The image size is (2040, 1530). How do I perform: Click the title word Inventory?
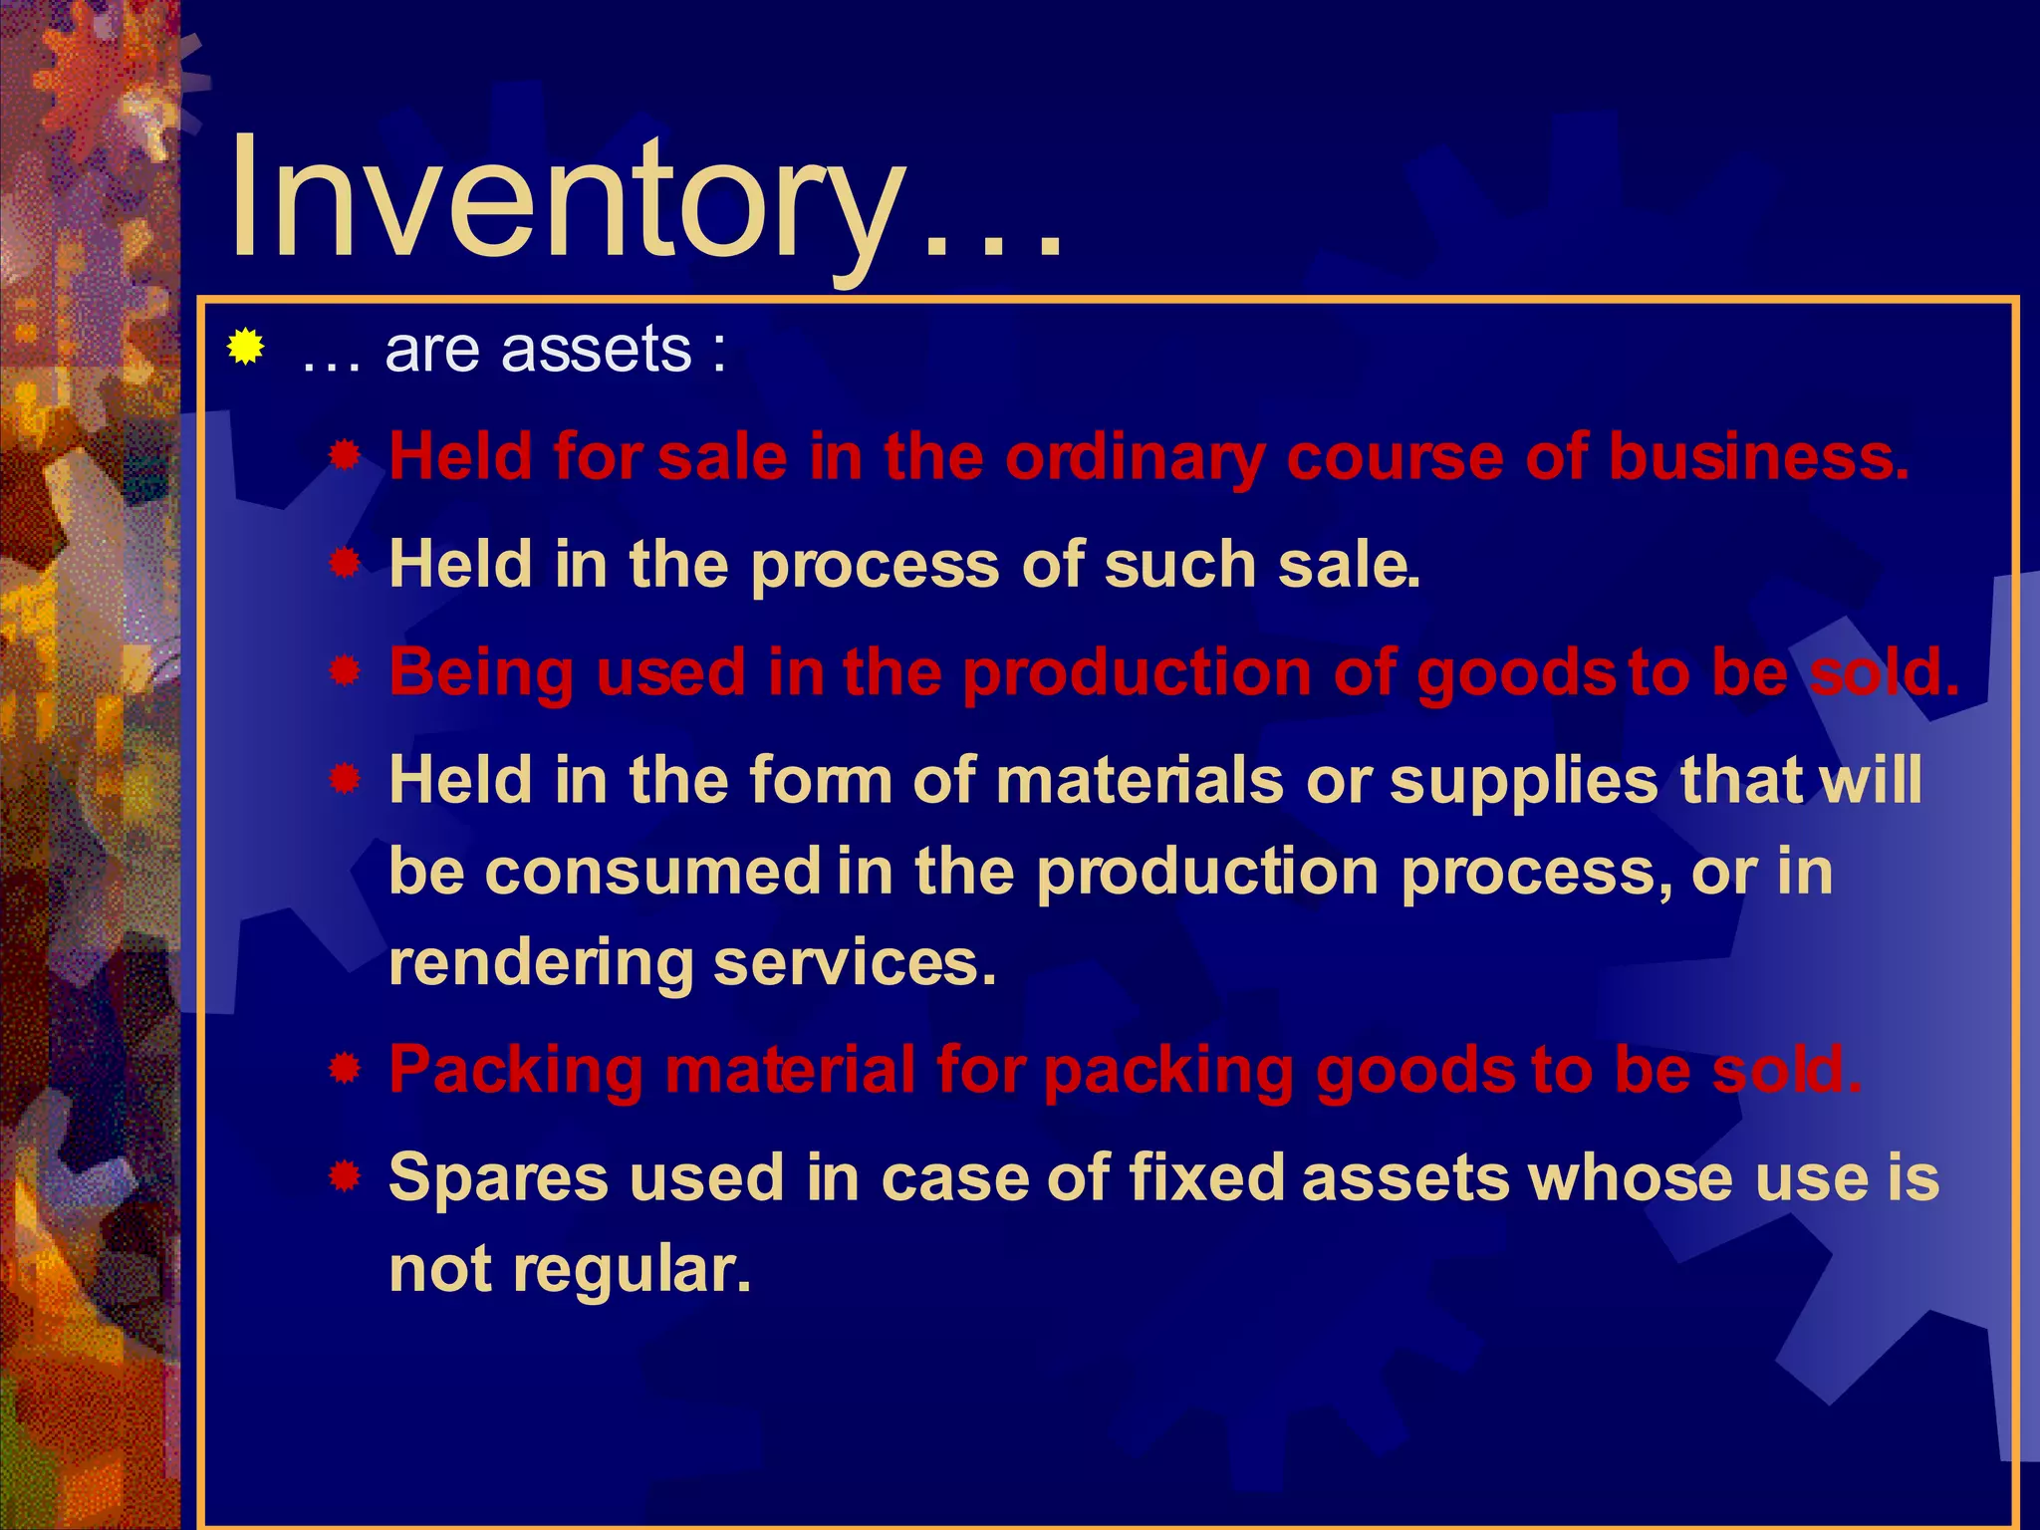568,199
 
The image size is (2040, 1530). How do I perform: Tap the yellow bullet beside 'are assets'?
245,348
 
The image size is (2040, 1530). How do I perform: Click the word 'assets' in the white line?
596,350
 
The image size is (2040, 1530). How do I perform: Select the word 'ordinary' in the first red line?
1134,458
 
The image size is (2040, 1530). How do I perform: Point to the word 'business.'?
1759,457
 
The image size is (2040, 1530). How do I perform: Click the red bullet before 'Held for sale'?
345,457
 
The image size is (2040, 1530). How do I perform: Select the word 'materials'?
1140,780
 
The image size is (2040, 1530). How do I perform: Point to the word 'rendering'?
541,964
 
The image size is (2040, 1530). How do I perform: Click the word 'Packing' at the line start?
516,1072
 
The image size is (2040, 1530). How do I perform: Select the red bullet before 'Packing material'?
345,1070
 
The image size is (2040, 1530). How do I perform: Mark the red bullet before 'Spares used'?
345,1177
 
